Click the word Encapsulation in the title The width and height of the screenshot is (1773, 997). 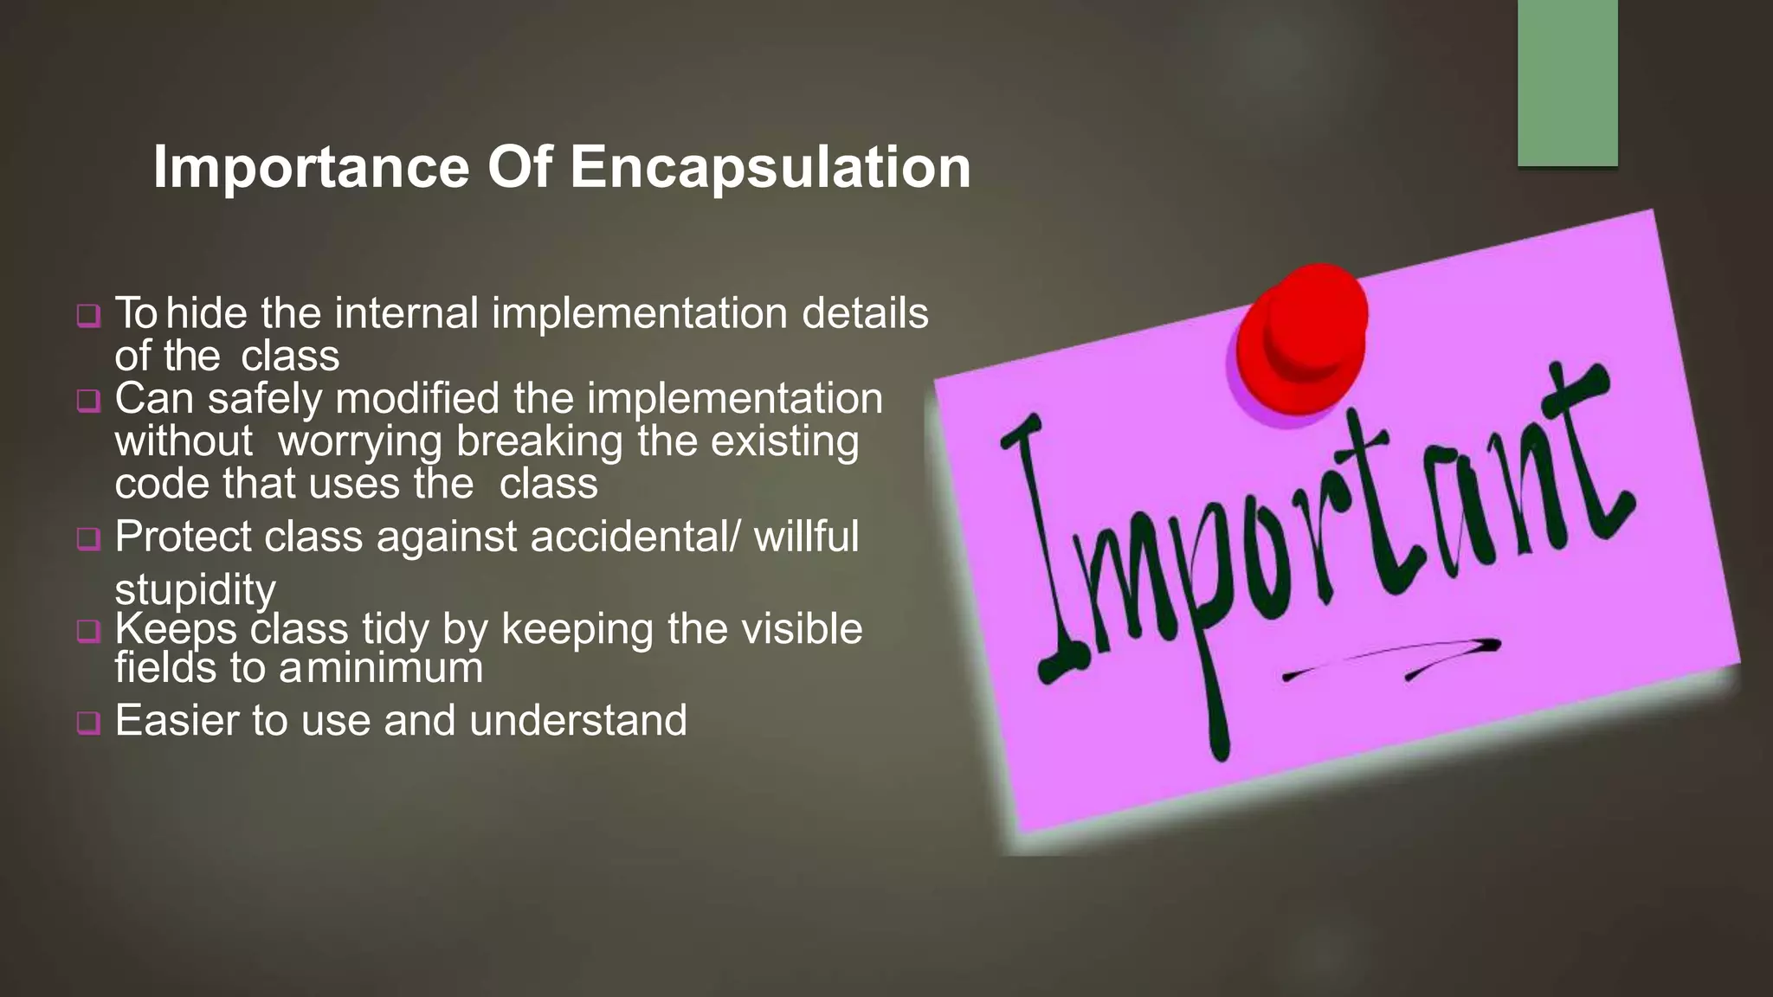coord(770,167)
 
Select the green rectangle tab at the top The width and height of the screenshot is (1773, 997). coord(1567,83)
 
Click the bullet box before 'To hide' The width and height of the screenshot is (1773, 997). coord(88,315)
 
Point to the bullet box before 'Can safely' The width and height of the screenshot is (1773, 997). coord(88,401)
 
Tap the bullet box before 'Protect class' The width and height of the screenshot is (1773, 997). coord(88,538)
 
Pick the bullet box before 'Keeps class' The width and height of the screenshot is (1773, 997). coord(88,630)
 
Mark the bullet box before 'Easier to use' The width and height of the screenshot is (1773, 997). coord(88,722)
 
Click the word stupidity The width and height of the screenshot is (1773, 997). coord(196,590)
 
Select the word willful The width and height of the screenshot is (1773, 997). coord(806,537)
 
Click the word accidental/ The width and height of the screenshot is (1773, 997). coord(635,537)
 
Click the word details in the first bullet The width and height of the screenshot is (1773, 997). coord(865,313)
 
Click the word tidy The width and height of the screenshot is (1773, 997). coord(395,629)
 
